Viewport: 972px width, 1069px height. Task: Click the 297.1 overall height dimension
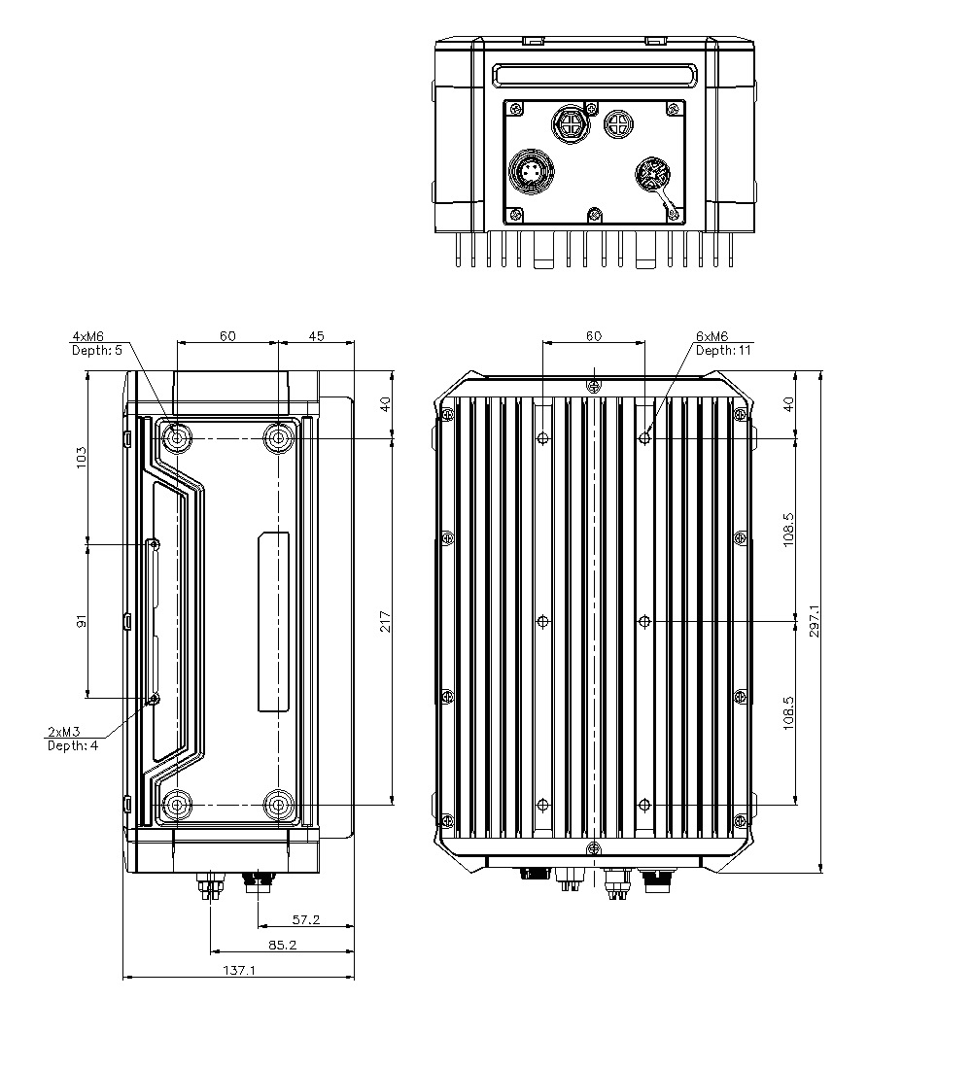tap(814, 621)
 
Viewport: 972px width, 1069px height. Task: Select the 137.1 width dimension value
tap(238, 970)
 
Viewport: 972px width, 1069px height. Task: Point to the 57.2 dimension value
tap(305, 918)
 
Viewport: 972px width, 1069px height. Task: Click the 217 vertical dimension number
tap(385, 621)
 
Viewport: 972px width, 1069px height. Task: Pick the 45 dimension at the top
tap(317, 336)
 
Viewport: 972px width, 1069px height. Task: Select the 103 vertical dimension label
tap(82, 457)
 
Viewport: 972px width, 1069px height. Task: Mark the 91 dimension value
tap(82, 620)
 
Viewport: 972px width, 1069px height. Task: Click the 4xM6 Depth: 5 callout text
tap(97, 343)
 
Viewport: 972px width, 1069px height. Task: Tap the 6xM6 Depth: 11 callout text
tap(723, 343)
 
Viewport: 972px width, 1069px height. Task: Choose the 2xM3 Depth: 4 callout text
tap(73, 738)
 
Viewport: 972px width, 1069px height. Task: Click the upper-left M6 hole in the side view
tap(177, 438)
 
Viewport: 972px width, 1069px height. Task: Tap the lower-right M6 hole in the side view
tap(280, 805)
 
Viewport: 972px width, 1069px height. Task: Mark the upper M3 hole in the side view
tap(154, 544)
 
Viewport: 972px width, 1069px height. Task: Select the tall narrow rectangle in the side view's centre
tap(273, 622)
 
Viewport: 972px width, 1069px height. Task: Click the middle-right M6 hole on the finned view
tap(644, 620)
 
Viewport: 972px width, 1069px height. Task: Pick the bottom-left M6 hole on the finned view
tap(543, 804)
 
